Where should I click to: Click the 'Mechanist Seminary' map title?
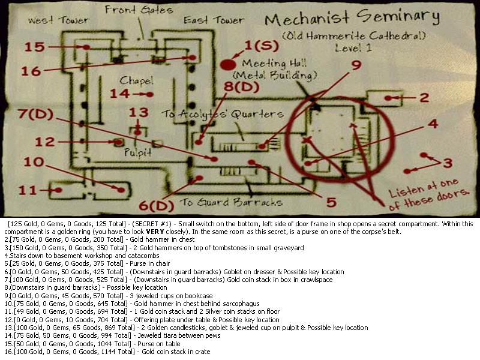352,17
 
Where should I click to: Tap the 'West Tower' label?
58,20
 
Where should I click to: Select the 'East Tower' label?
214,20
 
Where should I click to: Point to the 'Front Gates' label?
139,10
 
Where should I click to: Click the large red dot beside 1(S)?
228,65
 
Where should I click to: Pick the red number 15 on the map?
35,47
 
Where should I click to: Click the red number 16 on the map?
31,71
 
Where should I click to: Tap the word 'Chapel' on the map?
136,80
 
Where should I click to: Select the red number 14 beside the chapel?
119,94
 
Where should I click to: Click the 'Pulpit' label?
137,152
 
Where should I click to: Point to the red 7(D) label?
35,114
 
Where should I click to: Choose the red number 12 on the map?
44,142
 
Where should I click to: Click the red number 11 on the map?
28,190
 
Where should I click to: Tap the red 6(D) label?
157,205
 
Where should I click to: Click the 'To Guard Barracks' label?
231,202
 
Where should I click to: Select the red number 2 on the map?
424,98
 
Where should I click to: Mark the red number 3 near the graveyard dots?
448,163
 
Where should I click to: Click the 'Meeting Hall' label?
274,64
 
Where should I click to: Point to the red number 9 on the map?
356,65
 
